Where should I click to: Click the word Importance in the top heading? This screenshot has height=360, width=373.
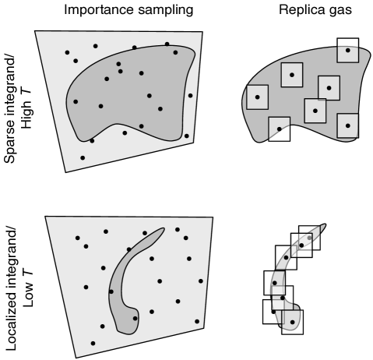(x=99, y=10)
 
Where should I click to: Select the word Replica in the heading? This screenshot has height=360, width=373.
(x=302, y=11)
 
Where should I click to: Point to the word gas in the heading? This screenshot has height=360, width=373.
(x=340, y=12)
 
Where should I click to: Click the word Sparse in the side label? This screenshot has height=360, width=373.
(x=10, y=142)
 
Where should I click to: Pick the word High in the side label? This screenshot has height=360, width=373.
(x=26, y=115)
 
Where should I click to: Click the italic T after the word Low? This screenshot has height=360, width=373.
(x=28, y=274)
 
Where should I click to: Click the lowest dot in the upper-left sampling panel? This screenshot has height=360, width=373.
(x=83, y=157)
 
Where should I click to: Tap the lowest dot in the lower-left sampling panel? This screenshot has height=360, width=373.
(x=93, y=343)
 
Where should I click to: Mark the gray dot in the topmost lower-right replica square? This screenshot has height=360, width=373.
(x=309, y=238)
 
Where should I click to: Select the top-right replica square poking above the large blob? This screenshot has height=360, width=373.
(x=348, y=50)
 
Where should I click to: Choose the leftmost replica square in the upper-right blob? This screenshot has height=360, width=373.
(x=257, y=97)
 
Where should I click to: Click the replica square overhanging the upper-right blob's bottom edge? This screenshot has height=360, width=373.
(x=280, y=129)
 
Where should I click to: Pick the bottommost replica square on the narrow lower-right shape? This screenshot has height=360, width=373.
(x=293, y=322)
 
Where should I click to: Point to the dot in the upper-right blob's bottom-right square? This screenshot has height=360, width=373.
(x=348, y=125)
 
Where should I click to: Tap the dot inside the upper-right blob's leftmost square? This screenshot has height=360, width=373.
(x=257, y=97)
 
